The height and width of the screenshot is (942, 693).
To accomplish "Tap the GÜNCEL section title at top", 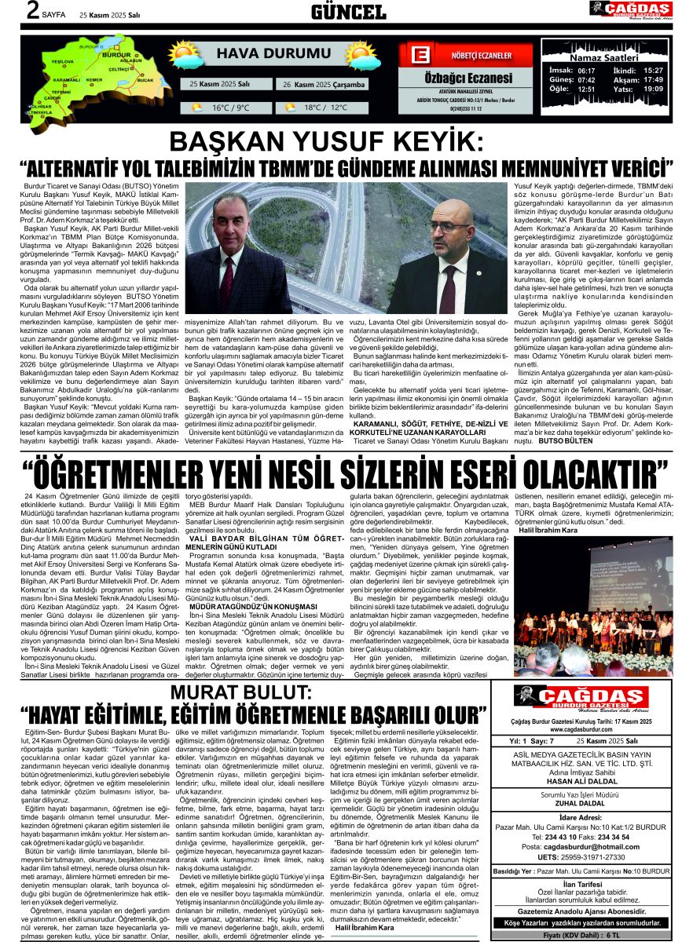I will click(x=348, y=11).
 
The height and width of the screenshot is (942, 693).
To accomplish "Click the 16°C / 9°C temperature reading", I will click(x=230, y=108).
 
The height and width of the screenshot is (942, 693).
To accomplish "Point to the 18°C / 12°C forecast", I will click(x=325, y=108).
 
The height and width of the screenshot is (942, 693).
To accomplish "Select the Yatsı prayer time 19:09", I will click(x=653, y=89).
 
